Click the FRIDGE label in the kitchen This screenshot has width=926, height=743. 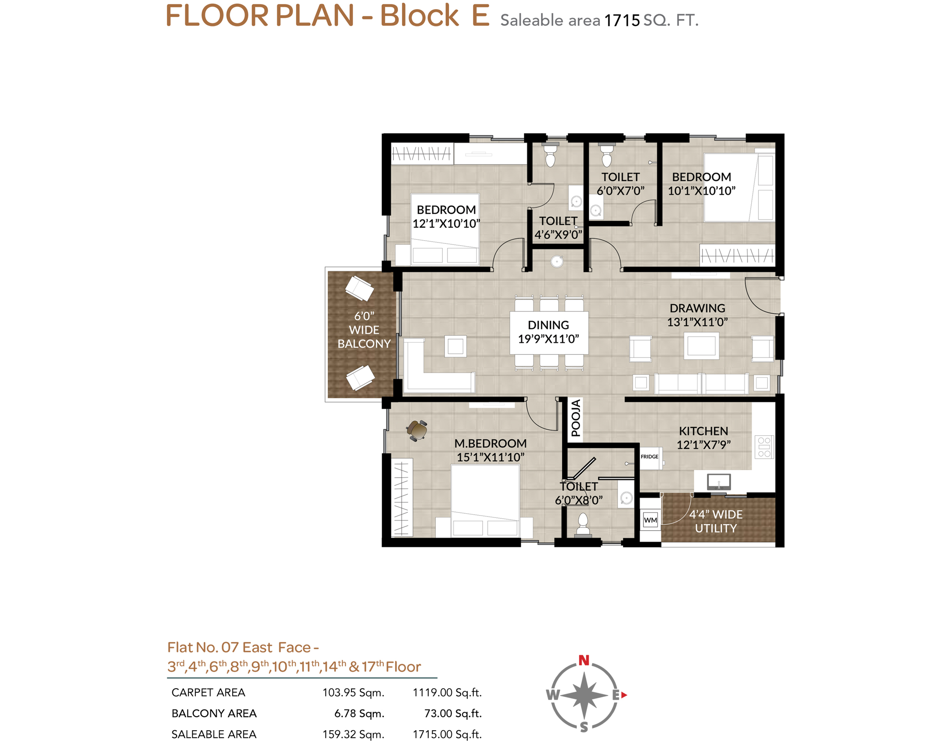pos(649,457)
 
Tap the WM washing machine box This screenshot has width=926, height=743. pos(650,520)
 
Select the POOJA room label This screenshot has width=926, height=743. pos(575,418)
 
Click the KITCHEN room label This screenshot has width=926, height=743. pos(703,431)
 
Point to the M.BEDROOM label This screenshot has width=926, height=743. pos(490,443)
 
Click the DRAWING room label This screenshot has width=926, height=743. pos(697,308)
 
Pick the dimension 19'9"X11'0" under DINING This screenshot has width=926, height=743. pos(548,339)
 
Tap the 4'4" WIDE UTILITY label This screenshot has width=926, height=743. pos(716,521)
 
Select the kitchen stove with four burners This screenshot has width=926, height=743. pos(764,447)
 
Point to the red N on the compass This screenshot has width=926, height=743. pos(584,660)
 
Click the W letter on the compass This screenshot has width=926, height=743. pos(553,695)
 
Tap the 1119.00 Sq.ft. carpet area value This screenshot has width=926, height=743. pos(447,693)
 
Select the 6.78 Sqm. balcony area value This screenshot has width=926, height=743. pos(359,713)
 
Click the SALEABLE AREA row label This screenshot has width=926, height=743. pos(214,734)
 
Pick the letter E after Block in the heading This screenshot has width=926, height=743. pos(480,16)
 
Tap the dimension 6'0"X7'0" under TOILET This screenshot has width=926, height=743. pos(620,191)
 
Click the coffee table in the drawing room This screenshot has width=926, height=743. pos(701,346)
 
